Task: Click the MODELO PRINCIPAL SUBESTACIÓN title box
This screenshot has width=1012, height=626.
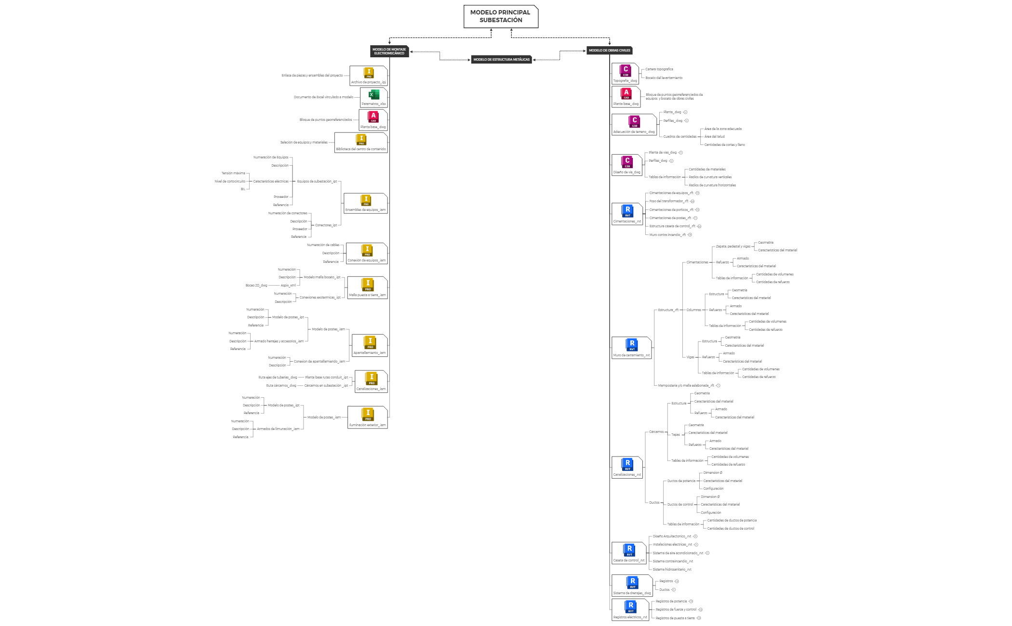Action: click(500, 16)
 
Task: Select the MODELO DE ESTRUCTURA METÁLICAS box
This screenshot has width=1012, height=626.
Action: click(501, 60)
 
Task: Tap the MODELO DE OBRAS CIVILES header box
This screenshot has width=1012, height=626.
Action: click(609, 51)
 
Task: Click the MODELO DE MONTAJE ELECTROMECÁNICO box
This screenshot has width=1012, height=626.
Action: click(389, 51)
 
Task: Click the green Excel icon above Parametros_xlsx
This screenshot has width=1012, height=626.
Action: click(373, 95)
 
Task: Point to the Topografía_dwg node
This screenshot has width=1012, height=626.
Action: click(625, 74)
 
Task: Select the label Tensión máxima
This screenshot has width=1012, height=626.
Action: click(233, 173)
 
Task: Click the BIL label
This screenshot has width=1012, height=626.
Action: click(243, 189)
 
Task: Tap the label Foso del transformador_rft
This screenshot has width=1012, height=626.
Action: click(668, 201)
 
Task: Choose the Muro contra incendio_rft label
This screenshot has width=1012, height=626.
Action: click(667, 235)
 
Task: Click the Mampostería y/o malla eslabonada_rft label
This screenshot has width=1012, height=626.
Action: click(686, 386)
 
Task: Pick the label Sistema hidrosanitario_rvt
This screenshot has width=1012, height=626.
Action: click(672, 570)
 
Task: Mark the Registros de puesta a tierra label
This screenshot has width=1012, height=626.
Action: click(675, 618)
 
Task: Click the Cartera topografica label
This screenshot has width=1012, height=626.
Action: click(659, 69)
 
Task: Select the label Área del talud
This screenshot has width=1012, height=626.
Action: click(714, 137)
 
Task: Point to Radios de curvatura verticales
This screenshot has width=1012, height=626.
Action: click(710, 177)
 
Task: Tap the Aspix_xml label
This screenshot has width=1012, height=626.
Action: click(288, 286)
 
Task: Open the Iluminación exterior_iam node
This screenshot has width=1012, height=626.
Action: click(368, 417)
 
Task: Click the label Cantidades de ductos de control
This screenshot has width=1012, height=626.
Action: click(731, 529)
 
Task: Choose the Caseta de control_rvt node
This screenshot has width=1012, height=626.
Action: click(628, 553)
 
